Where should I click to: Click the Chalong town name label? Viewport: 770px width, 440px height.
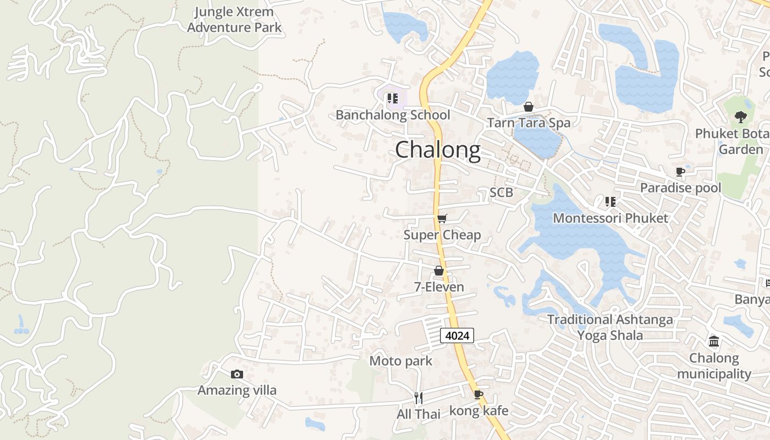tap(438, 150)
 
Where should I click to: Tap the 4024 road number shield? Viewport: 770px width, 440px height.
tap(457, 335)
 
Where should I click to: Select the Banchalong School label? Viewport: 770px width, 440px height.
tap(393, 115)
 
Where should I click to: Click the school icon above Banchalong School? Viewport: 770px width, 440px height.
tap(392, 99)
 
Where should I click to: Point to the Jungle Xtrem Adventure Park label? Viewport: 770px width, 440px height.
tap(234, 20)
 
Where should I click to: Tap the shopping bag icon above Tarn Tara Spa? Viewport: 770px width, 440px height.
tap(529, 107)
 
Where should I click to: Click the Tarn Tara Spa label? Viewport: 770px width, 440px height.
tap(529, 123)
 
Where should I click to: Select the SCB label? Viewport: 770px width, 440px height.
tap(501, 193)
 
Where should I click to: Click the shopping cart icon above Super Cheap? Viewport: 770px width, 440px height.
tap(442, 219)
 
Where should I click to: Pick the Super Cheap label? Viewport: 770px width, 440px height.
tap(442, 235)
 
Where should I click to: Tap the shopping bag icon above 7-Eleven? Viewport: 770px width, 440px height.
tap(439, 271)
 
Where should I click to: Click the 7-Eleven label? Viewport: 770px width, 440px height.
tap(439, 287)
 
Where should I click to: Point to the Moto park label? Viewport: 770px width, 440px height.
tap(400, 361)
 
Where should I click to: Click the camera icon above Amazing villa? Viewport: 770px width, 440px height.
tap(237, 375)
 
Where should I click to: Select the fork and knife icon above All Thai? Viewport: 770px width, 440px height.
tap(419, 398)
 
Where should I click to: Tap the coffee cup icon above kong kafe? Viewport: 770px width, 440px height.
tap(479, 394)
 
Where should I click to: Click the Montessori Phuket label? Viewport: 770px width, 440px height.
tap(610, 218)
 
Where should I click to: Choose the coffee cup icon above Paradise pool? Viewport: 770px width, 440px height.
tap(680, 172)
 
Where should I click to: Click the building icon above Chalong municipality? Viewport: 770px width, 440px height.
tap(714, 342)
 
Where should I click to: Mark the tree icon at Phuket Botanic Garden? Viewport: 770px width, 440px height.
tap(740, 117)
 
